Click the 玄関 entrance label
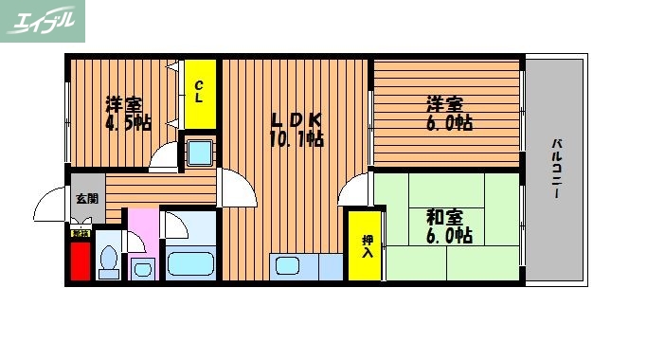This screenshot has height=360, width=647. pos(86,198)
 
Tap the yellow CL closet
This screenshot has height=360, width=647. pos(200,93)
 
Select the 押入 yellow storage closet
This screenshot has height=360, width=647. pos(365,245)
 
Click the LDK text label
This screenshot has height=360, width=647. pos(297,120)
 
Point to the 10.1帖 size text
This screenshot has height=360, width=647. pos(297,139)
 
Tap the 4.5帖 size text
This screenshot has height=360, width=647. pos(128,123)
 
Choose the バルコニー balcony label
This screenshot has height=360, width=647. pos(556,169)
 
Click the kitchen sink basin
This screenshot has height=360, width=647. pos(289,266)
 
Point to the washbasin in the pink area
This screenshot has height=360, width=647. pos(142,269)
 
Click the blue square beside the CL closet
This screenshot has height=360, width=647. pos(200,152)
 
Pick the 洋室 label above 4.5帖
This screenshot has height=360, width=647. pos(123,104)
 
